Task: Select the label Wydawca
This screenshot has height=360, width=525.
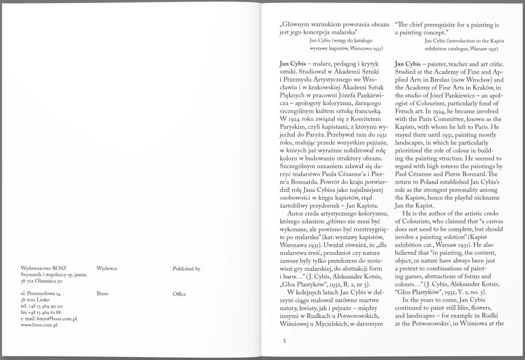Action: pyautogui.click(x=107, y=268)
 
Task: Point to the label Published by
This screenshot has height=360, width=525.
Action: pyautogui.click(x=187, y=268)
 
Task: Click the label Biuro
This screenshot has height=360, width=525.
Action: pyautogui.click(x=103, y=294)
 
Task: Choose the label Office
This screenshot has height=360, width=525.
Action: pyautogui.click(x=179, y=294)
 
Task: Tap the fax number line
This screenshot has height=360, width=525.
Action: pyautogui.click(x=41, y=312)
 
